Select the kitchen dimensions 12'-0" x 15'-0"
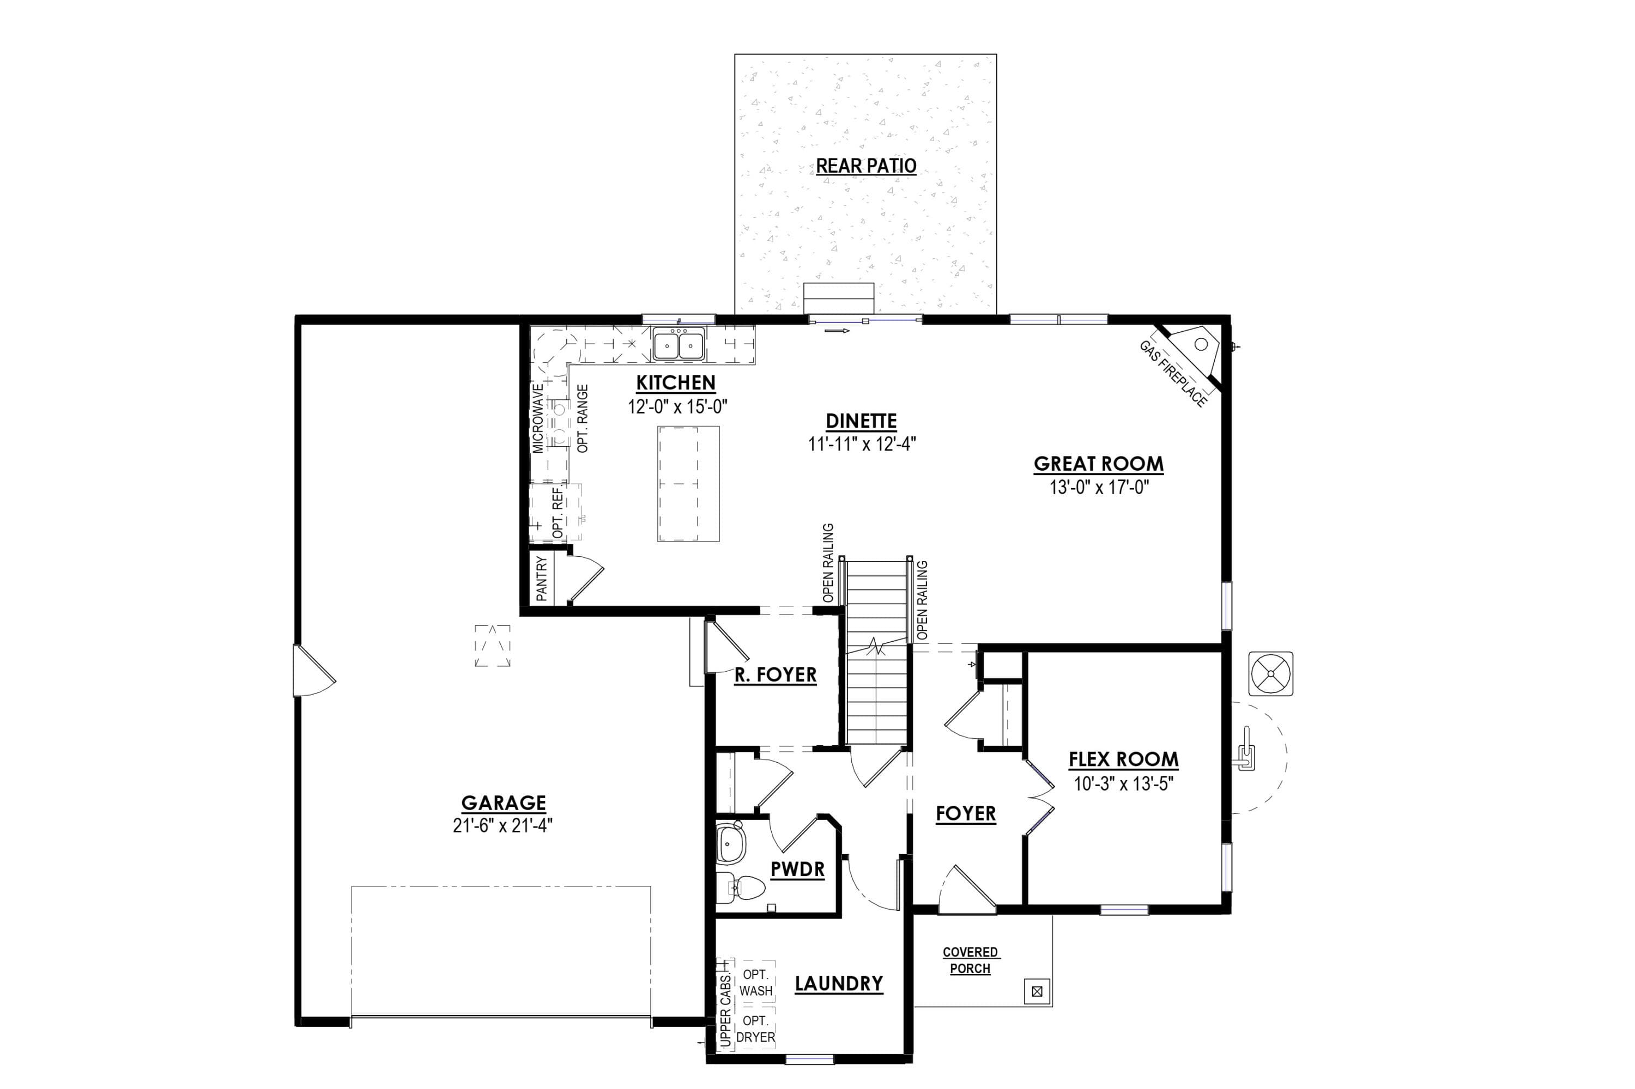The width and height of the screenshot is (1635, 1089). point(677,406)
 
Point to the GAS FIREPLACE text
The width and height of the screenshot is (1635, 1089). point(1172,374)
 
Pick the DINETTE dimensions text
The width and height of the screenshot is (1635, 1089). point(862,444)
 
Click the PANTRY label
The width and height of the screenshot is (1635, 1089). point(541,579)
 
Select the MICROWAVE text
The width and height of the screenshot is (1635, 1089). point(538,419)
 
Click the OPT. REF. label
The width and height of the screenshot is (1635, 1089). point(558,513)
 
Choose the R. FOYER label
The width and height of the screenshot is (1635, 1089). point(776,674)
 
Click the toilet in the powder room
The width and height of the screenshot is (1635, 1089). point(740,887)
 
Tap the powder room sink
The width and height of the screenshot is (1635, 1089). point(730,842)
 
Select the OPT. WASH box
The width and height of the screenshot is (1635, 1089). point(755,983)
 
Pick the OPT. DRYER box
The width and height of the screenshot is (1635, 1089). point(755,1029)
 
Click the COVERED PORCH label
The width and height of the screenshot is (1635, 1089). point(970,960)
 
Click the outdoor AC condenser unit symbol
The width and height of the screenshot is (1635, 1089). point(1271,673)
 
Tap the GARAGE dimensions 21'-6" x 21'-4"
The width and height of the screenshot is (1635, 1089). point(503,825)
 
